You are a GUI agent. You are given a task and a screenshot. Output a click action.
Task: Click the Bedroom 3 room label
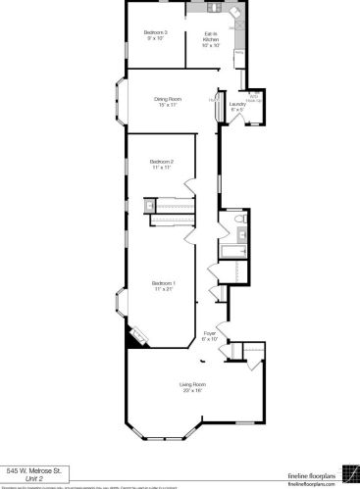[x=156, y=32]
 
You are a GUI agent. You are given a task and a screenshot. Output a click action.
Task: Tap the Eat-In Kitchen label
[x=211, y=36]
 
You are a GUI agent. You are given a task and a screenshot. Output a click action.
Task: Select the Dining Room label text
[x=168, y=98]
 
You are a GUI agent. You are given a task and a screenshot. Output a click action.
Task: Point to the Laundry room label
[x=236, y=103]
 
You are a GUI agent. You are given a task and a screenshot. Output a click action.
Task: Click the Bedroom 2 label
[x=162, y=162]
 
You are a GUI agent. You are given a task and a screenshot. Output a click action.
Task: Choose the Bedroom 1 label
[x=162, y=283]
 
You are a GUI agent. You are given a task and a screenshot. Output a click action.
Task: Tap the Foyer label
[x=210, y=333]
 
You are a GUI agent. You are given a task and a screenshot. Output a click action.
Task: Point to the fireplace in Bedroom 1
[x=138, y=335]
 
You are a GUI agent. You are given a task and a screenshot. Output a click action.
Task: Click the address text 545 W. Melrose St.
[x=34, y=470]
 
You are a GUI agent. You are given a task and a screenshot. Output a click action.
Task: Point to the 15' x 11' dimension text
[x=168, y=104]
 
